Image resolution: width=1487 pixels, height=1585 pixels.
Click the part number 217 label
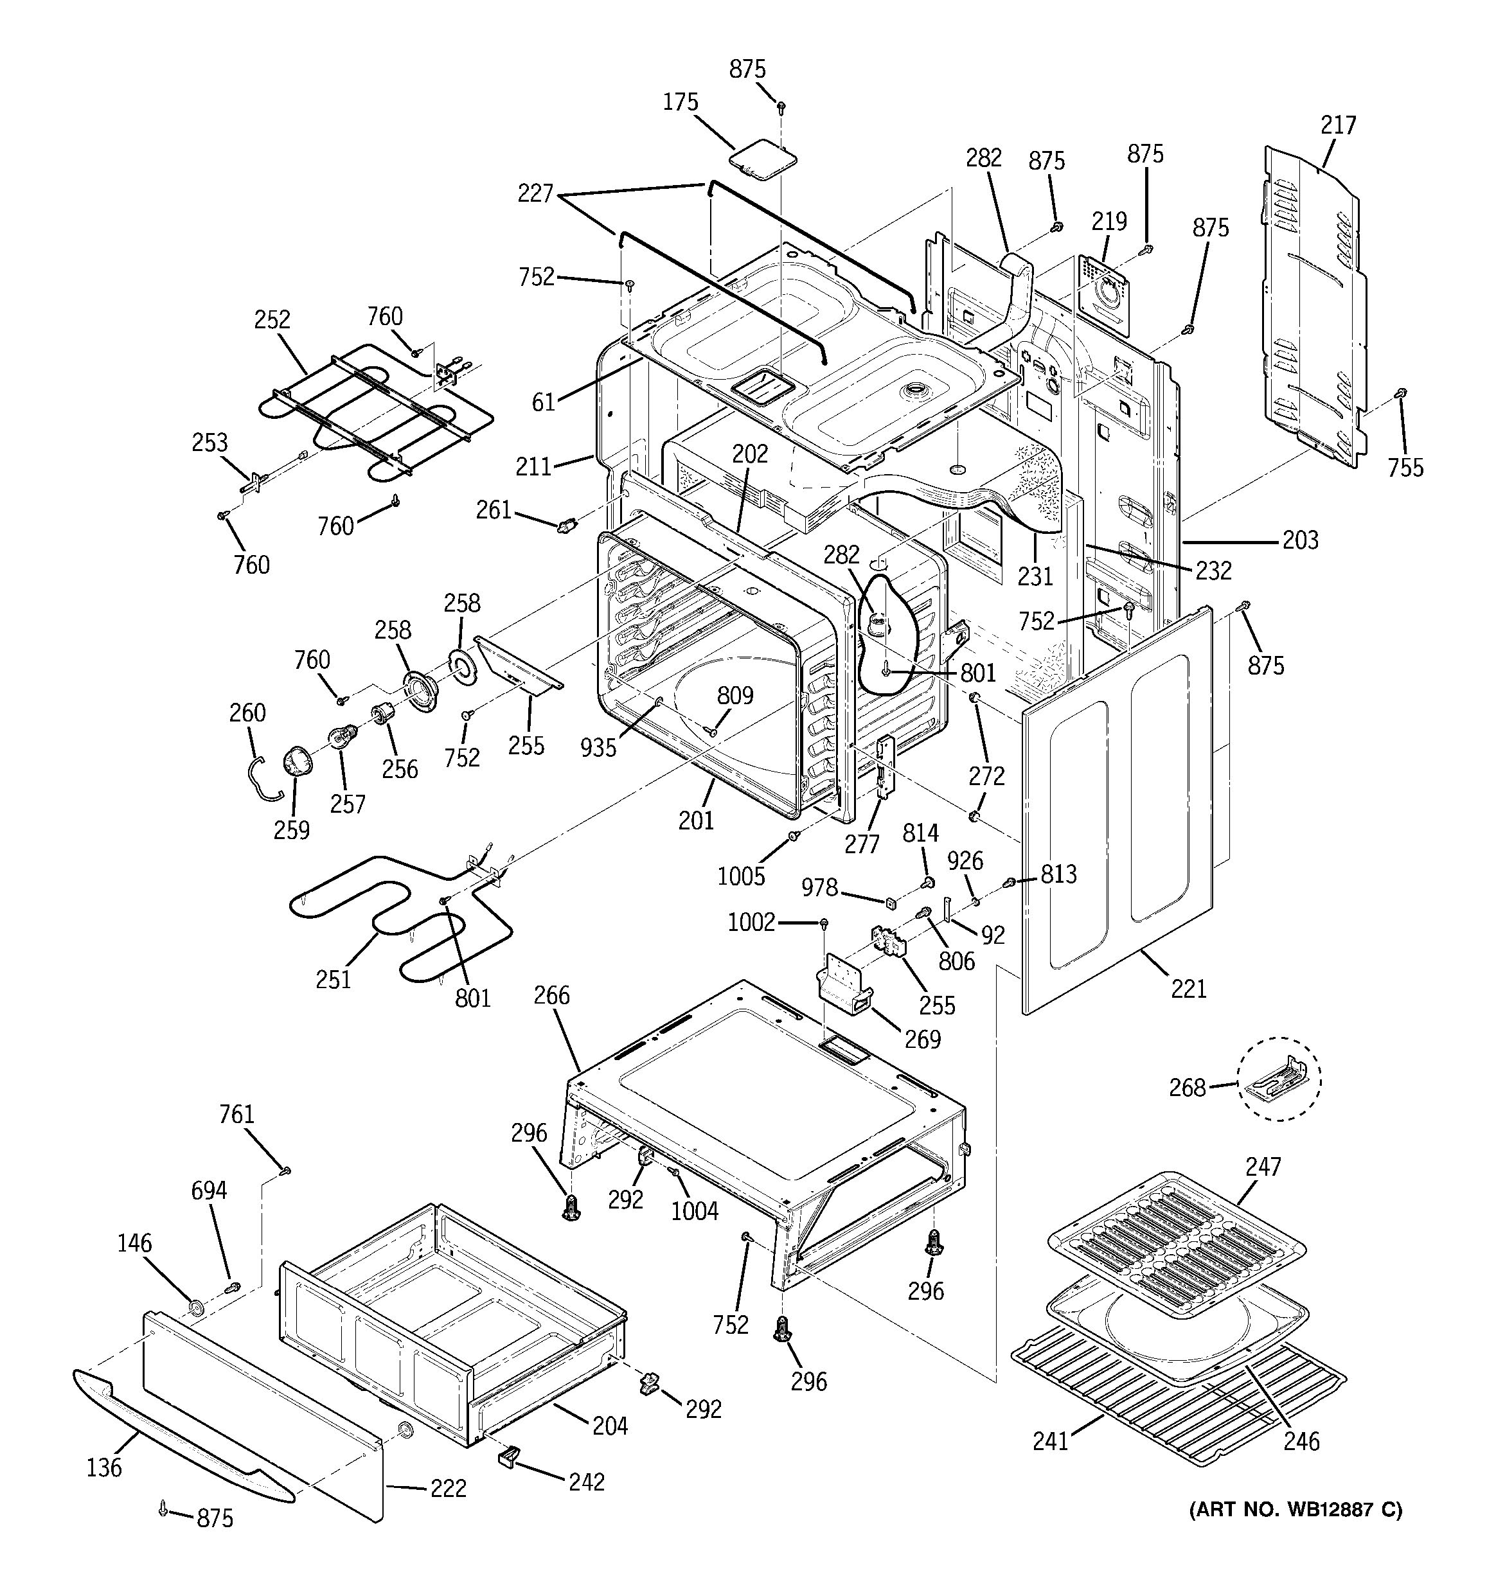click(x=1337, y=125)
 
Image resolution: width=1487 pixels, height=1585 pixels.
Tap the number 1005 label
click(x=741, y=876)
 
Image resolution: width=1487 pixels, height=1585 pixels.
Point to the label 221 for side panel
click(x=1188, y=989)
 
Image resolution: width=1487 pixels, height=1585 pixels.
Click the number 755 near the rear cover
click(x=1405, y=467)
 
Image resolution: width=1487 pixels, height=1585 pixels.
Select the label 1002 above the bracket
click(x=751, y=923)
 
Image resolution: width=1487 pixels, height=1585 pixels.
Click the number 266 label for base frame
click(x=552, y=995)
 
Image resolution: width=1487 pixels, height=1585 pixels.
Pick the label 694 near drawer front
click(x=209, y=1191)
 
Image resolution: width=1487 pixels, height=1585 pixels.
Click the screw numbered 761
click(x=285, y=1171)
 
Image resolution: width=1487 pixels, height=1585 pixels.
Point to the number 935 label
click(x=598, y=747)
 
